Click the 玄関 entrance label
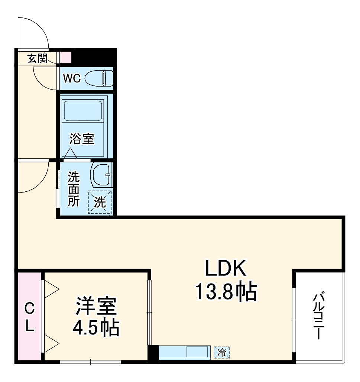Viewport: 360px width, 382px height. point(37,58)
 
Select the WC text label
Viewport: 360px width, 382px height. point(72,79)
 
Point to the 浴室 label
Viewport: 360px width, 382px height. point(82,139)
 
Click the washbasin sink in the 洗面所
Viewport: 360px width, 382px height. point(101,174)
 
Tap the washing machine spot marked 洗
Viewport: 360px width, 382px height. point(100,202)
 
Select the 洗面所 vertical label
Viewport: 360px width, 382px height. point(73,189)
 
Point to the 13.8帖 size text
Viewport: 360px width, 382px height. point(226,292)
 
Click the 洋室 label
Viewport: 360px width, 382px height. point(96,307)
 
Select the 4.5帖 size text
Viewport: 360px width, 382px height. point(96,328)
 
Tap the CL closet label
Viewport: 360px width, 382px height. point(29,317)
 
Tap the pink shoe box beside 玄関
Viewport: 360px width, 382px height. point(65,57)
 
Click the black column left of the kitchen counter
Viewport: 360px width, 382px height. point(153,352)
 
